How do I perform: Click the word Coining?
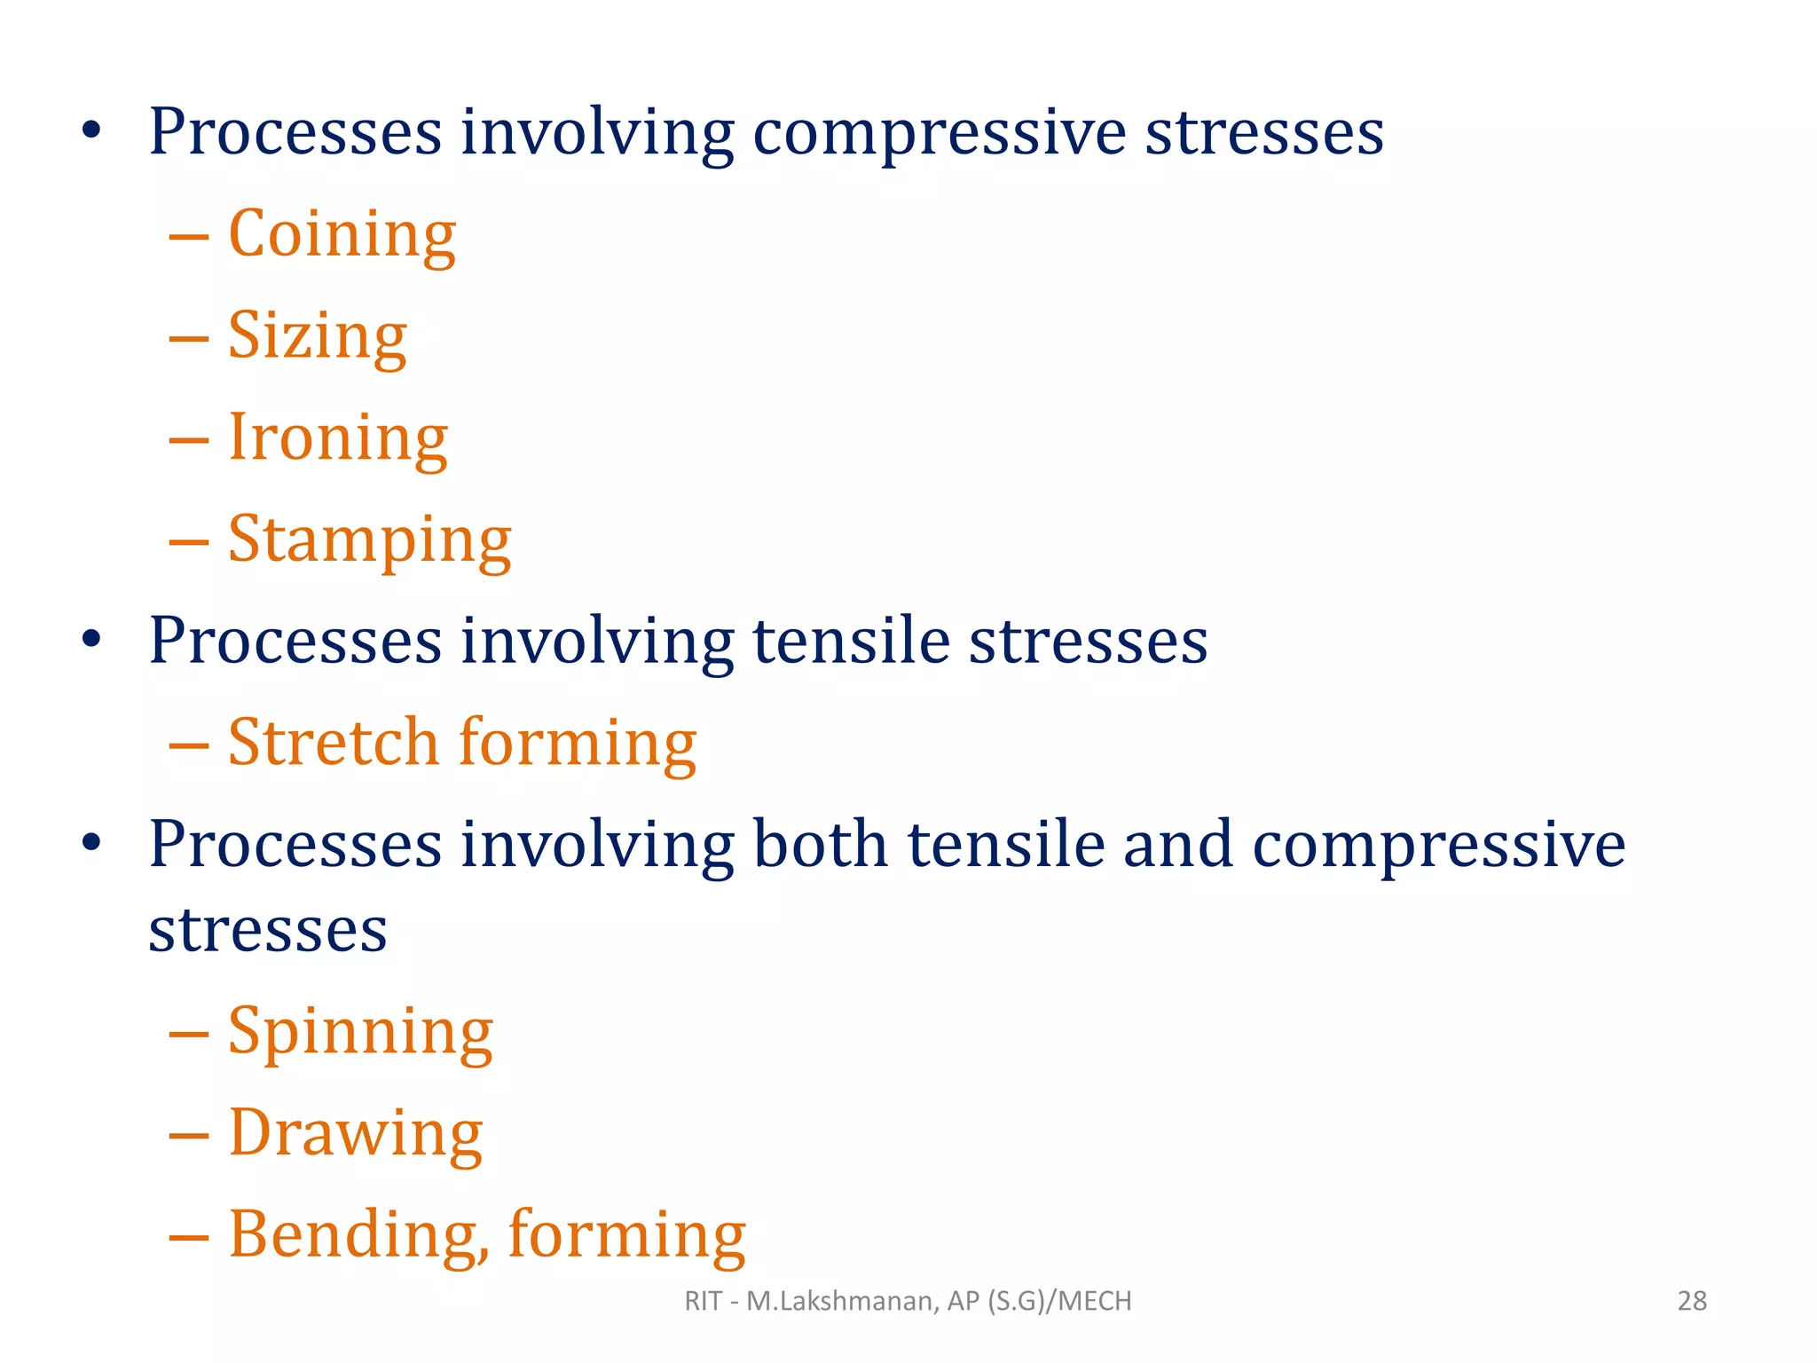(342, 235)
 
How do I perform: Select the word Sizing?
(318, 337)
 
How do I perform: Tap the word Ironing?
(338, 438)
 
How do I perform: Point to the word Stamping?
(370, 540)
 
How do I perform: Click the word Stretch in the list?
(334, 743)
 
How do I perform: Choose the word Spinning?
(360, 1033)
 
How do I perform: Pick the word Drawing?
(356, 1134)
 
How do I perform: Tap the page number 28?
(1692, 1301)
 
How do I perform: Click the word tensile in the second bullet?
(852, 641)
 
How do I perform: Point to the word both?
(821, 844)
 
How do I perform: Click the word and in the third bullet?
(1178, 844)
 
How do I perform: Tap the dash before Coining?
(189, 237)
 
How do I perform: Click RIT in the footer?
(703, 1301)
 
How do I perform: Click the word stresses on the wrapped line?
(268, 931)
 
